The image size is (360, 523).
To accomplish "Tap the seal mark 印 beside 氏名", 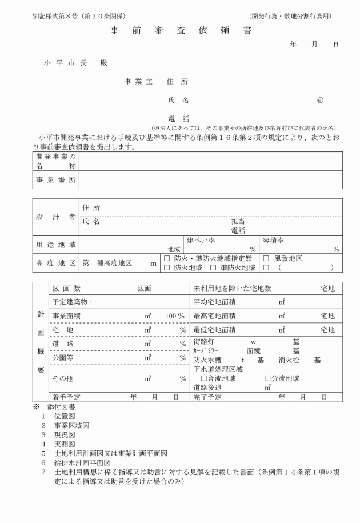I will pyautogui.click(x=319, y=101).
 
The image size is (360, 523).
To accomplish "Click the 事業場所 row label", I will pyautogui.click(x=56, y=180).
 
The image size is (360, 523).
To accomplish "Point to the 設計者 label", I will pyautogui.click(x=56, y=217).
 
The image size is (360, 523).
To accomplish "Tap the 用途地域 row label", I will pyautogui.click(x=56, y=245).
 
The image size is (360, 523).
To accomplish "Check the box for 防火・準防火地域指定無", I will pyautogui.click(x=167, y=258).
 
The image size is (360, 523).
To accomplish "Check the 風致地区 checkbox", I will pyautogui.click(x=266, y=258).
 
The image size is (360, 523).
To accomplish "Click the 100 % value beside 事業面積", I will pyautogui.click(x=175, y=316).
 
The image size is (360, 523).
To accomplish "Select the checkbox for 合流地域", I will pyautogui.click(x=203, y=378).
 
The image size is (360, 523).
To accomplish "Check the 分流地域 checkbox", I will pyautogui.click(x=267, y=378).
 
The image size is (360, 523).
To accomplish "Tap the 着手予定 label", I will pyautogui.click(x=66, y=397).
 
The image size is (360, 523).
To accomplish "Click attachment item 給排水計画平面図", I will pyautogui.click(x=82, y=462).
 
